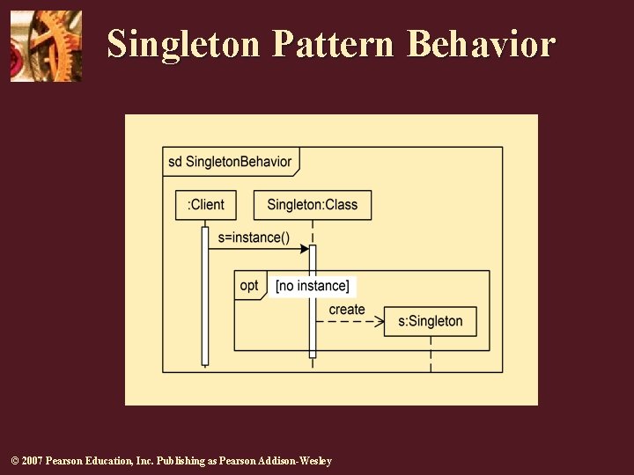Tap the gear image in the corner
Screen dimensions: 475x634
coord(46,46)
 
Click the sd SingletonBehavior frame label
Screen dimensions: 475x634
coord(230,162)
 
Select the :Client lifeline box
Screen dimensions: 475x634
coord(206,205)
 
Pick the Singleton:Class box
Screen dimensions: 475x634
coord(313,205)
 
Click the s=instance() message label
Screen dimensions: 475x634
coord(254,237)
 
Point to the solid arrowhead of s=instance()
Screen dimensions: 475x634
coord(305,249)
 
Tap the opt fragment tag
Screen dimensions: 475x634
coord(249,285)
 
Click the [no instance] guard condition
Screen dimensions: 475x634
coord(313,286)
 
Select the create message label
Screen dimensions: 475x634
coord(347,310)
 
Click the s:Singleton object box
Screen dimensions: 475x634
coord(431,321)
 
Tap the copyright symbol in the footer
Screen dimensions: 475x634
coord(12,461)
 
